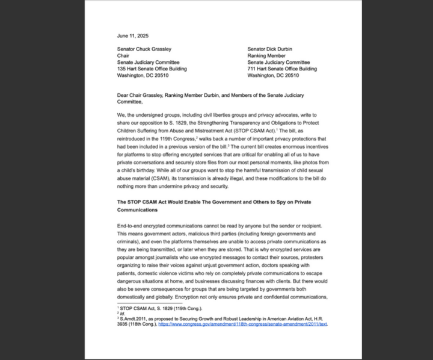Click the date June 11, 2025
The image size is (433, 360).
click(132, 36)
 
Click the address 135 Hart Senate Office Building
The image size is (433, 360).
click(152, 69)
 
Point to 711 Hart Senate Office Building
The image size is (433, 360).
click(282, 69)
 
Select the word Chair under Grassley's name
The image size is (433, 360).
click(123, 55)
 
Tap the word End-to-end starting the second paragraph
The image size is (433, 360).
click(133, 225)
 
